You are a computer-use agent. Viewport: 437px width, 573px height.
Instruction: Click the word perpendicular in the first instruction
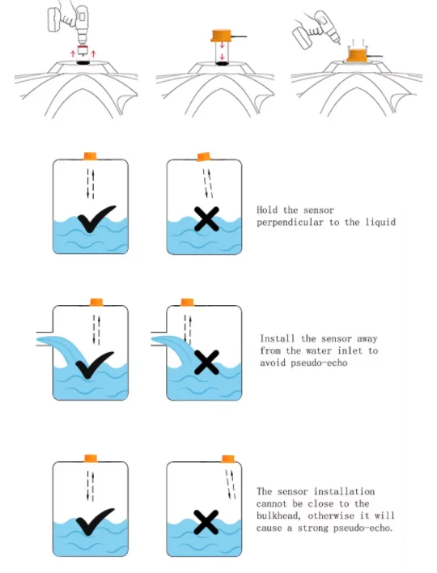[x=290, y=223]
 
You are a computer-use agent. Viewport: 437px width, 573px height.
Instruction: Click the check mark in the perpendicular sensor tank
[x=96, y=219]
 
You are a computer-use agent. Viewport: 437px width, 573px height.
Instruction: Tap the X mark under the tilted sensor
[x=207, y=219]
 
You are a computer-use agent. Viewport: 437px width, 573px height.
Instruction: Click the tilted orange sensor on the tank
[x=204, y=157]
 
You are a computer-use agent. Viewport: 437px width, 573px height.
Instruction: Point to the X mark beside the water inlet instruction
[x=207, y=362]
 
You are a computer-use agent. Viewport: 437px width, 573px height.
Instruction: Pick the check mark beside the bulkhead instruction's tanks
[x=95, y=521]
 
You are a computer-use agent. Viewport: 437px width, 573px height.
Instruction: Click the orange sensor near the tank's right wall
[x=228, y=459]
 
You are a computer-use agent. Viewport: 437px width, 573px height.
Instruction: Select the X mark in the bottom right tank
[x=206, y=522]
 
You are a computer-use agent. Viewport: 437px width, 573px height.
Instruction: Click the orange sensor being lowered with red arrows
[x=223, y=36]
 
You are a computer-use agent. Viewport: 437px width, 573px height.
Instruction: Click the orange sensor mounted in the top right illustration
[x=356, y=55]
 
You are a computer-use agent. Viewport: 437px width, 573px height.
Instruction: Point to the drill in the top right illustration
[x=316, y=30]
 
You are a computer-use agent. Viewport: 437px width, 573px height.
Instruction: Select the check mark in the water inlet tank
[x=94, y=365]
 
